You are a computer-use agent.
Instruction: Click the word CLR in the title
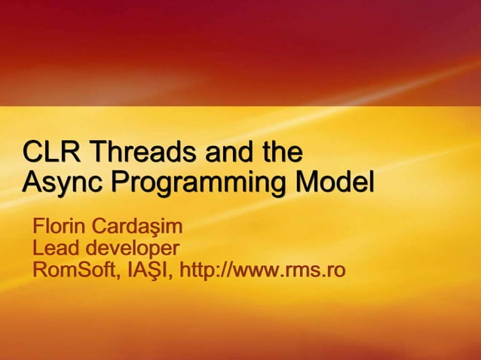[x=53, y=152]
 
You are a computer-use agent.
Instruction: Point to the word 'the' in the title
[x=281, y=152]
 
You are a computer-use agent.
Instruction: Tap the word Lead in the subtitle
[x=56, y=247]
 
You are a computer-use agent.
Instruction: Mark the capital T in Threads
[x=97, y=152]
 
